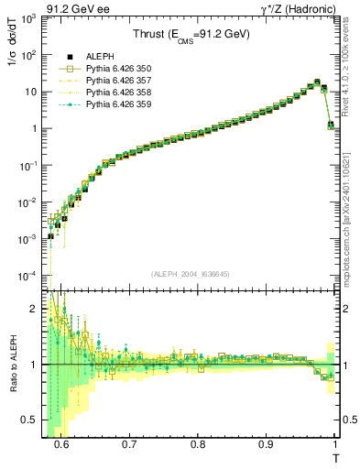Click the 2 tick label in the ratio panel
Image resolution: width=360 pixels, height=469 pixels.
[37, 308]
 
